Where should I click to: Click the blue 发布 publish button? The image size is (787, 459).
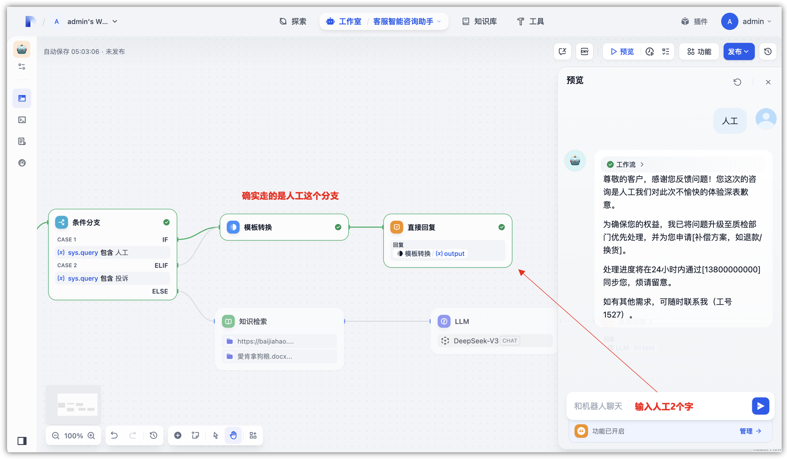pos(738,52)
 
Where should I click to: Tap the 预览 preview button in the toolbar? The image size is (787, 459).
pos(622,52)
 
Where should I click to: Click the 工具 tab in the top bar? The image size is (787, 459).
pos(531,21)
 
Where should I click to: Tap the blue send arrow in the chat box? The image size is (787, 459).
pos(760,406)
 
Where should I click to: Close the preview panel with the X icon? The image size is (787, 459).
pos(768,82)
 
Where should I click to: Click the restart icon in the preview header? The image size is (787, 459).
pos(737,82)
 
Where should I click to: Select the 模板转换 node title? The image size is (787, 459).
pos(258,227)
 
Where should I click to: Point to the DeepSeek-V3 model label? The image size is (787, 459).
pos(476,341)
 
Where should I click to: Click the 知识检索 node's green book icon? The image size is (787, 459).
pos(228,321)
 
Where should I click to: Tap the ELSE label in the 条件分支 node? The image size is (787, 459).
pos(160,291)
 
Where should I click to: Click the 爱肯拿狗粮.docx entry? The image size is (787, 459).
pos(264,356)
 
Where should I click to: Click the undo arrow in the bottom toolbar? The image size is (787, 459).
pos(114,435)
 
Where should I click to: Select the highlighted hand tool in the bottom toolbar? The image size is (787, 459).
pos(233,435)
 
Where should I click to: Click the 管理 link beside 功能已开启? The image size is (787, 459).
pos(750,431)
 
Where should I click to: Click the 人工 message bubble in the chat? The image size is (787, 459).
pos(729,121)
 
